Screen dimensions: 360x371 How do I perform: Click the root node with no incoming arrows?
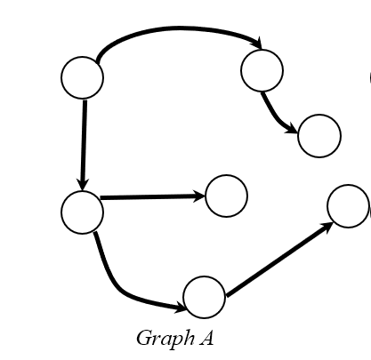tap(82, 77)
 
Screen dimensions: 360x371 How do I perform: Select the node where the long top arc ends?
tap(262, 69)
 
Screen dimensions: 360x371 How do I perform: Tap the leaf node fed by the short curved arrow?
tap(319, 136)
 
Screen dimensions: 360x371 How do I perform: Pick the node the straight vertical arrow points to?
tap(82, 212)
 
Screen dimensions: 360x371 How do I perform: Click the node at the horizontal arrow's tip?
tap(226, 196)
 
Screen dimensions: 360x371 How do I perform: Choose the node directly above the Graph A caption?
tap(204, 297)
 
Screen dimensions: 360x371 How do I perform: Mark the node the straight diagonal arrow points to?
tap(348, 206)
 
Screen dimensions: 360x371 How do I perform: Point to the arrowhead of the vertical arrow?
tap(82, 184)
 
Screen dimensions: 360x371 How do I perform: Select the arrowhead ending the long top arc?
tap(258, 44)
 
